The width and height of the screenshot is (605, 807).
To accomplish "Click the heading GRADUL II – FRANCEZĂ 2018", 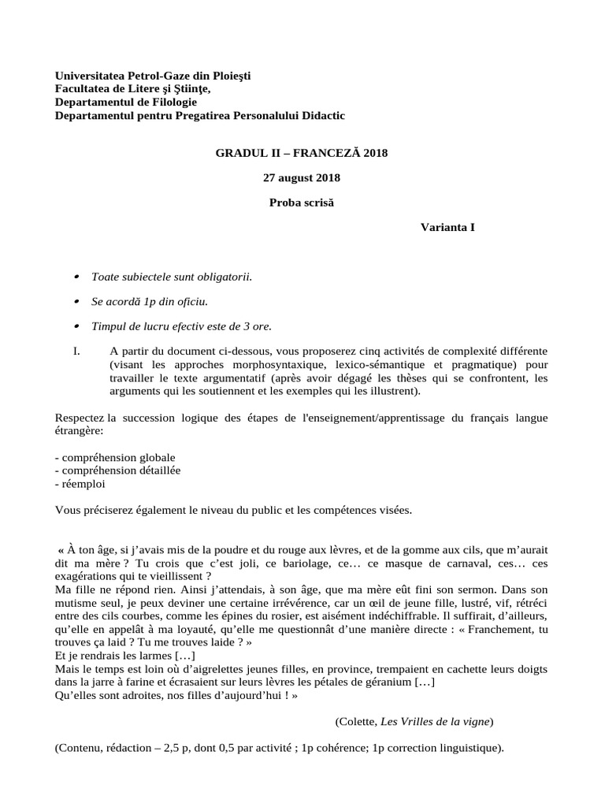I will [x=302, y=152].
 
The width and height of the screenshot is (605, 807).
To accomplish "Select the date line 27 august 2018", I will [x=302, y=177].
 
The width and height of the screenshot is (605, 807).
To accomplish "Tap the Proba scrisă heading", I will [x=302, y=203].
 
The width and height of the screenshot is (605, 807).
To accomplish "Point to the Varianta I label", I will [x=447, y=228].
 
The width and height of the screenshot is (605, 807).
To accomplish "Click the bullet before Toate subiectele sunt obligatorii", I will [x=76, y=277].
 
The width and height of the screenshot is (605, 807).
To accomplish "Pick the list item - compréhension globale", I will [x=116, y=457].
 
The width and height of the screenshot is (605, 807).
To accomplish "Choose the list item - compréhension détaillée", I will [x=117, y=470].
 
